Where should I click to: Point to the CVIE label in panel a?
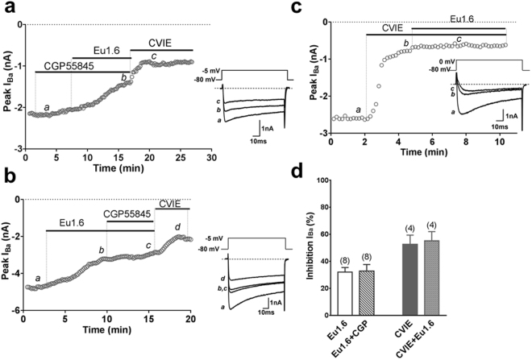(x=160, y=43)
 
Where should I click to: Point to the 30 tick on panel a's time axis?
(x=211, y=158)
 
